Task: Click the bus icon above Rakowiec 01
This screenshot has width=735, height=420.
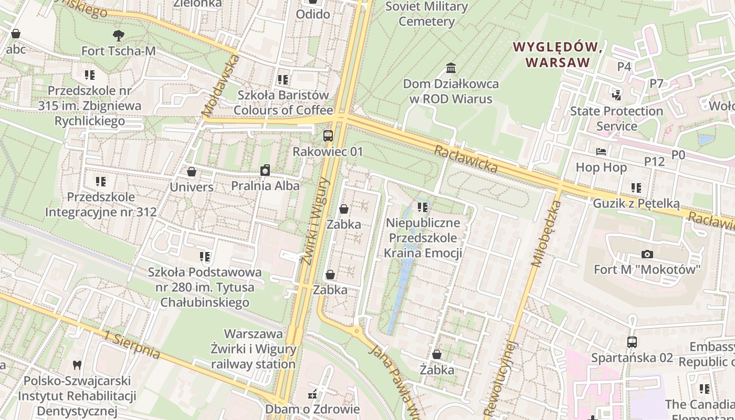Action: [x=328, y=136]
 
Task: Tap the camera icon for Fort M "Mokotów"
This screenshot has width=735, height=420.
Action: [x=647, y=254]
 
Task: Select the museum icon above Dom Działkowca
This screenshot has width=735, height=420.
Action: [x=450, y=68]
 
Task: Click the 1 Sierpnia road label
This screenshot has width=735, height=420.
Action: [x=132, y=345]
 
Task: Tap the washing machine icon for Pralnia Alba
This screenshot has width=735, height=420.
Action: [x=265, y=170]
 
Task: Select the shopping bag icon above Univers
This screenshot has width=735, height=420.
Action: [x=192, y=172]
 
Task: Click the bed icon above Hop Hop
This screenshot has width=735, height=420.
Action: [x=601, y=152]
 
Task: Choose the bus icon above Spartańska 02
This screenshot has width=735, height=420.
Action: [x=632, y=342]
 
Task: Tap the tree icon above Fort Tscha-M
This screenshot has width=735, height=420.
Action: [x=119, y=36]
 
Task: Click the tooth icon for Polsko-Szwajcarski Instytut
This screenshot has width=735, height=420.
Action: [x=77, y=365]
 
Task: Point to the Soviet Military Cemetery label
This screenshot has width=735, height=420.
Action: [x=426, y=14]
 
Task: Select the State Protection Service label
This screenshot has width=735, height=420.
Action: [x=616, y=119]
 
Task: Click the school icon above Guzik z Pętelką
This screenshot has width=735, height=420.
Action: [x=636, y=188]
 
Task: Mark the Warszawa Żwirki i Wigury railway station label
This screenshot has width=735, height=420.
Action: [x=254, y=349]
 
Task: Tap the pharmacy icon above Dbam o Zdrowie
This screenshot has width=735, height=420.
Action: [x=312, y=394]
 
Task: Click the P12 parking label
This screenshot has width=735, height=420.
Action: [x=655, y=161]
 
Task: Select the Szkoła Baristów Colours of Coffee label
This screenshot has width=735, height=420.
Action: [x=283, y=102]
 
